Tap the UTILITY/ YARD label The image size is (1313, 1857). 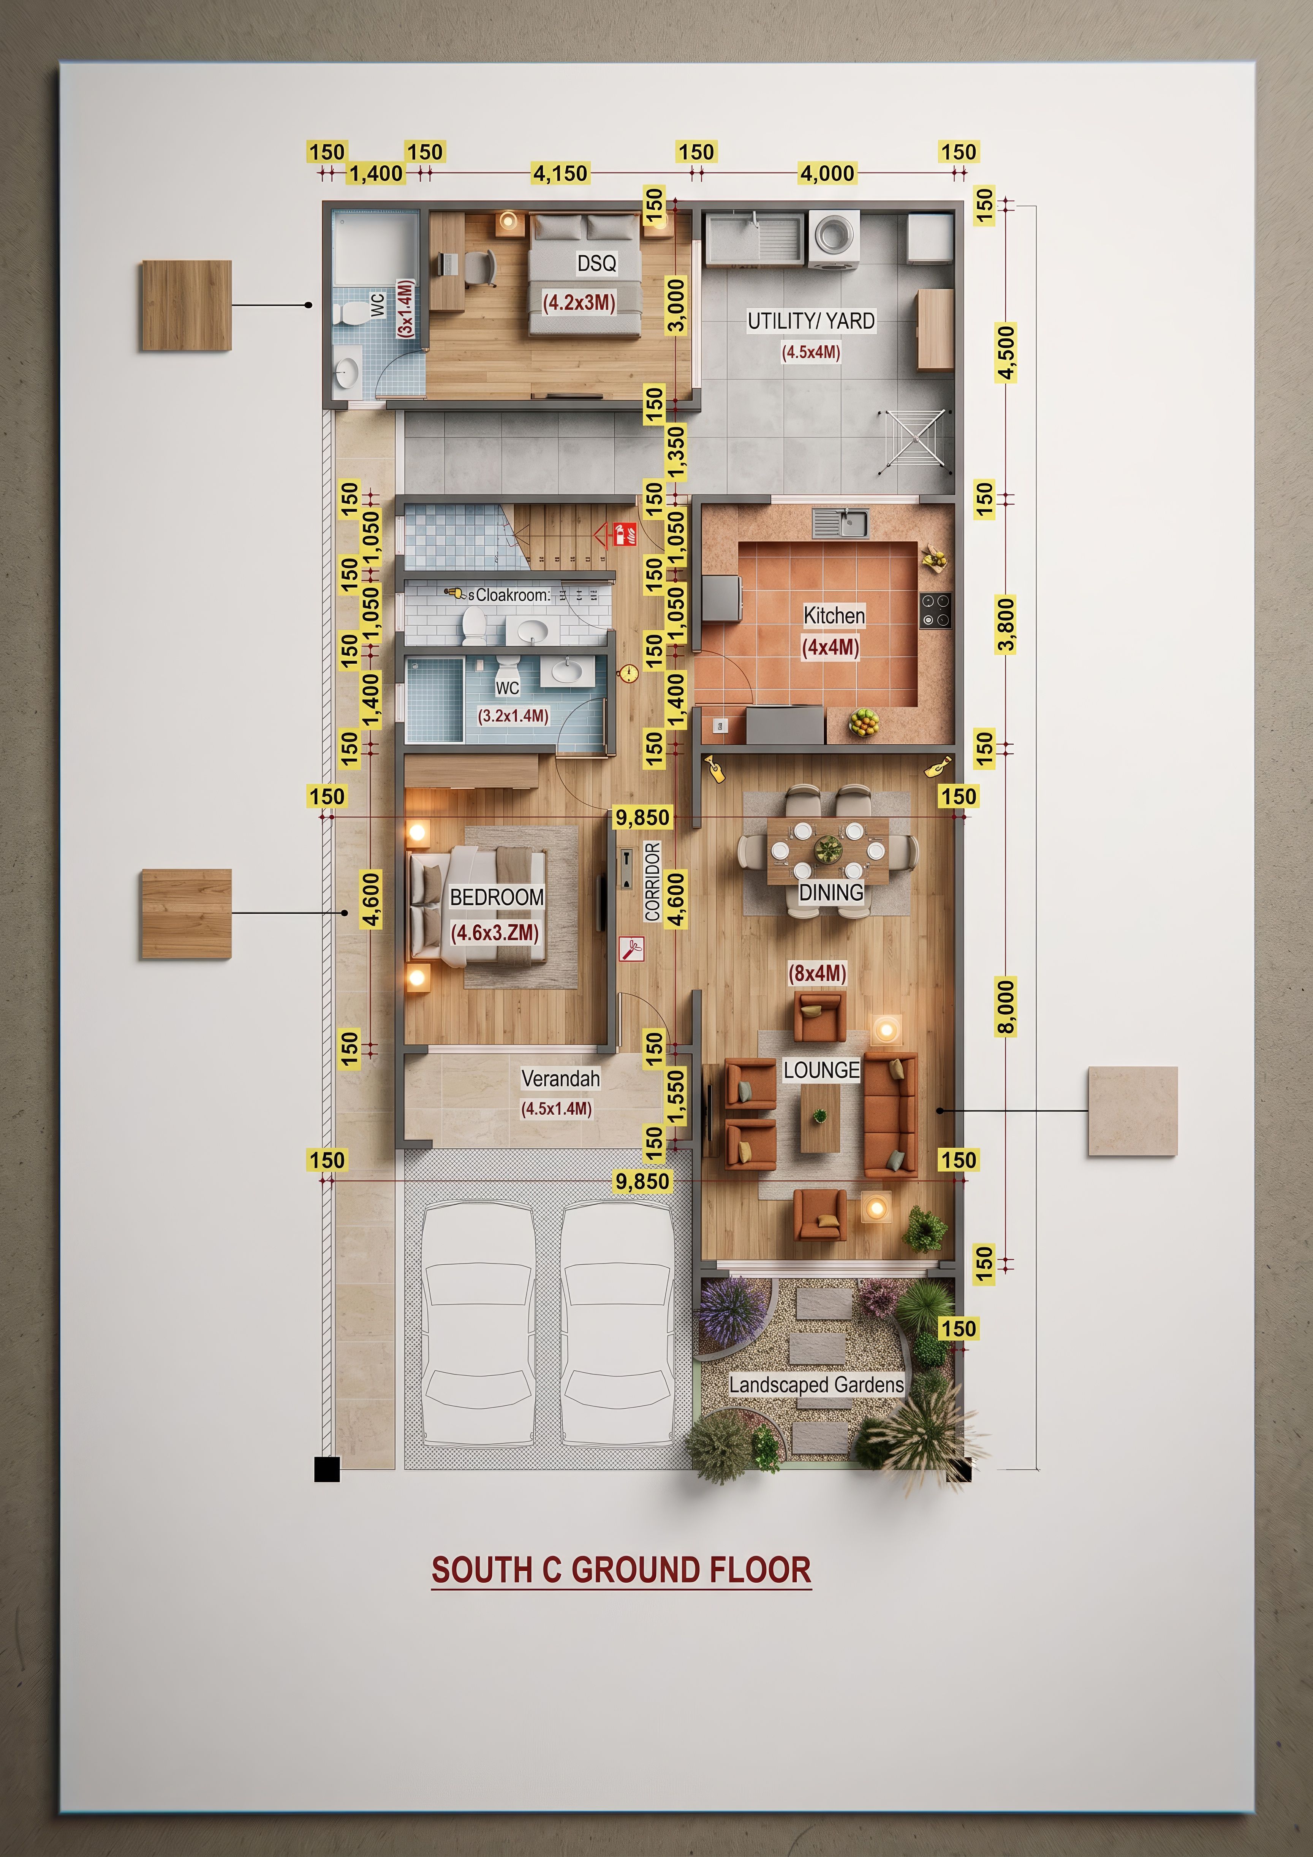pyautogui.click(x=811, y=321)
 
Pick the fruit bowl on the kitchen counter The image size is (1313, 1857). pyautogui.click(x=864, y=721)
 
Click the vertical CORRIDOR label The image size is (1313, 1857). pyautogui.click(x=653, y=882)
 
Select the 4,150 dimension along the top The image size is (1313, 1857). pyautogui.click(x=560, y=173)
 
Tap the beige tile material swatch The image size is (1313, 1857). pyautogui.click(x=1133, y=1111)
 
